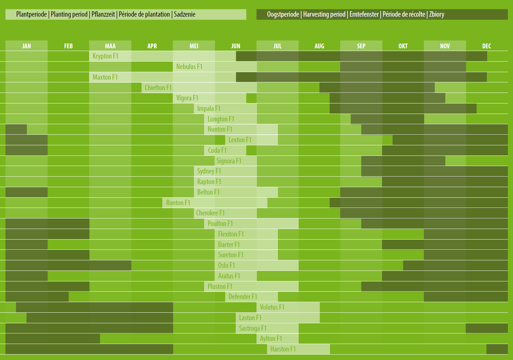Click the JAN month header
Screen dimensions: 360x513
pos(27,46)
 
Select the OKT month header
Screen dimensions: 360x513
pos(403,46)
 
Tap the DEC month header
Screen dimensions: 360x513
pos(486,46)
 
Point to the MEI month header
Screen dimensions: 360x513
pos(194,46)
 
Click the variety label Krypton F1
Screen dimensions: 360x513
pos(105,56)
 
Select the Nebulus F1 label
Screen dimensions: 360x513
pos(189,67)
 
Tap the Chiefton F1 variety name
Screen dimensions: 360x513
pos(158,88)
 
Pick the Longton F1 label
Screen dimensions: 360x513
pos(221,119)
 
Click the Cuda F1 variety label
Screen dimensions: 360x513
pos(217,150)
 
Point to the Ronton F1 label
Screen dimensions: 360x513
pos(178,203)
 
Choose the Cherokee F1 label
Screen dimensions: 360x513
pos(210,213)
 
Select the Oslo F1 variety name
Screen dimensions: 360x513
pos(227,265)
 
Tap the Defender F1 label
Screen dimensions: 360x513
pos(243,297)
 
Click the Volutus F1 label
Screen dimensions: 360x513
pos(272,307)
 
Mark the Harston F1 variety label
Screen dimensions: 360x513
pos(283,349)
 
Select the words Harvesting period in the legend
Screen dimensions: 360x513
pos(324,14)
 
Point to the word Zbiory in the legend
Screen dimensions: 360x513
pos(436,14)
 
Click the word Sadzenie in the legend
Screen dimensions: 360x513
pos(184,14)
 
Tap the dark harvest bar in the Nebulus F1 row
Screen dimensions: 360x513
pos(403,67)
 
